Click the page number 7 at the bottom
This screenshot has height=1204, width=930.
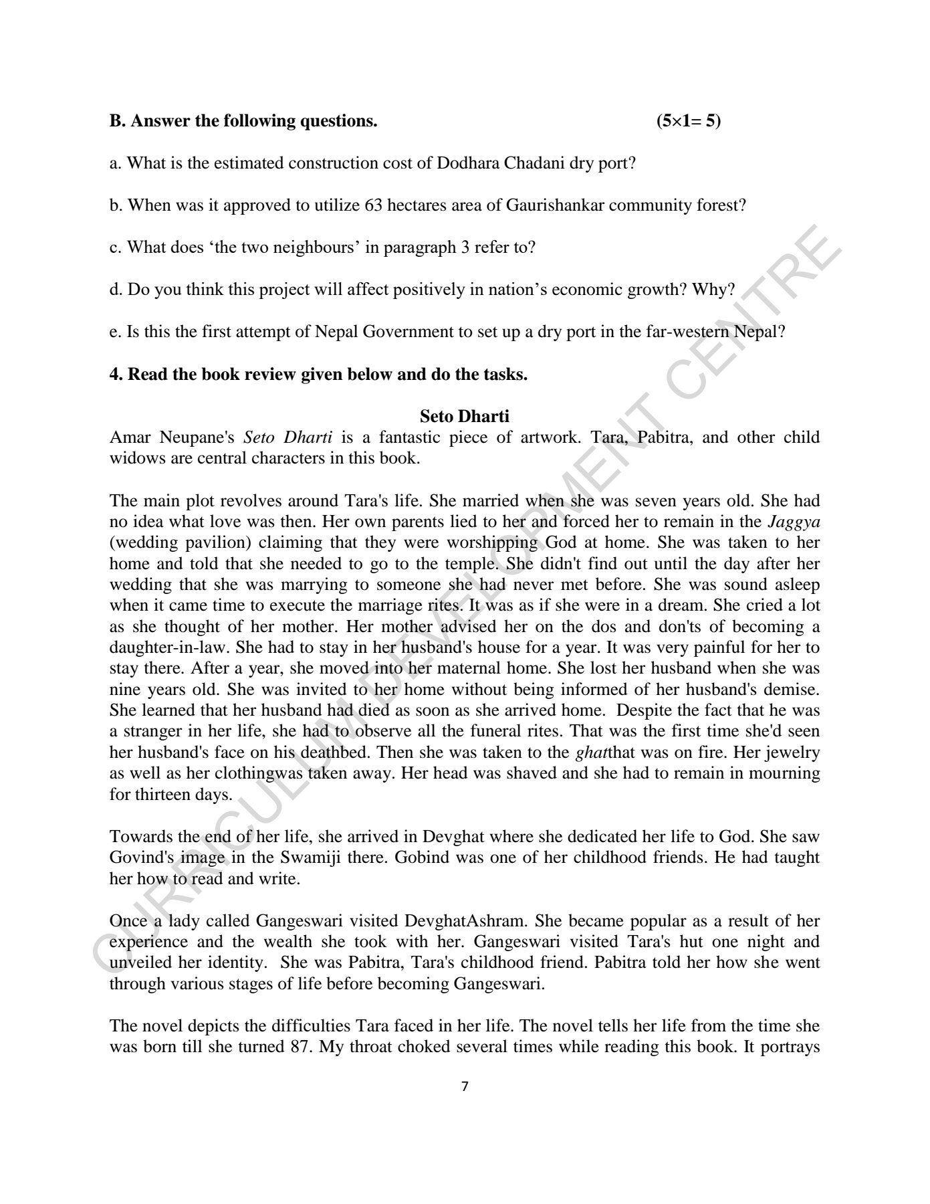point(465,1087)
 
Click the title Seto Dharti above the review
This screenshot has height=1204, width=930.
point(464,416)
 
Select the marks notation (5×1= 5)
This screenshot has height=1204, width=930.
point(689,121)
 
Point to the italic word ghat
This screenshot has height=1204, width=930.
point(586,752)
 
